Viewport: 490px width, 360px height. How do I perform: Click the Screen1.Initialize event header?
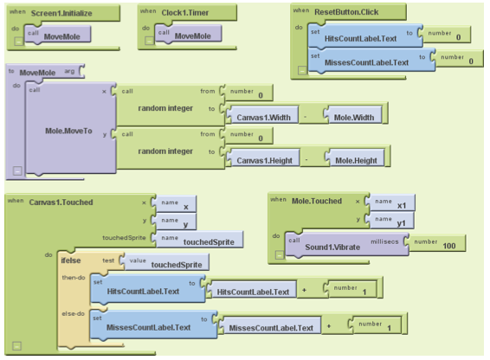(63, 13)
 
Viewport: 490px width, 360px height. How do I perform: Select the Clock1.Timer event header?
(187, 12)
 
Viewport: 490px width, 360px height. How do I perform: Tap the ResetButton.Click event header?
(348, 12)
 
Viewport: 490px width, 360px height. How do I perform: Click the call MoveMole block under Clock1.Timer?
(189, 34)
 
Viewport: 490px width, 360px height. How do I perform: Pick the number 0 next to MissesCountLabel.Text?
(459, 59)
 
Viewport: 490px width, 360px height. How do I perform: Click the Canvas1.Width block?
(262, 115)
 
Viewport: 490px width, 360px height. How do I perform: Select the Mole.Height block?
(355, 158)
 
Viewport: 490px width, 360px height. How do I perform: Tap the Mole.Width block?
(353, 115)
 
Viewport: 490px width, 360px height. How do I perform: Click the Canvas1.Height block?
(263, 158)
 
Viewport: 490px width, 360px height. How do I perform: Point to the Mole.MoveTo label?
(68, 131)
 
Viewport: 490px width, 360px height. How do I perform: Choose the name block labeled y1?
(391, 221)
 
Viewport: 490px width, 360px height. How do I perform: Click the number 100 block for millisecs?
(437, 243)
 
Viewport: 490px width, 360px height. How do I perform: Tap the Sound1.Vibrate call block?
(347, 244)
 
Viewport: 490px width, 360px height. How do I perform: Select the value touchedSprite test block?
(165, 262)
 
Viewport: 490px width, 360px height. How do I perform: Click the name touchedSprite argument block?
(199, 240)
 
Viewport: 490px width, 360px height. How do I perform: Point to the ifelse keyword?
(71, 260)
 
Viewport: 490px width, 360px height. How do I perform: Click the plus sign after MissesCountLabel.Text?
(329, 326)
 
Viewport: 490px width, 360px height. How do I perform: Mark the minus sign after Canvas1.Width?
(305, 117)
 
